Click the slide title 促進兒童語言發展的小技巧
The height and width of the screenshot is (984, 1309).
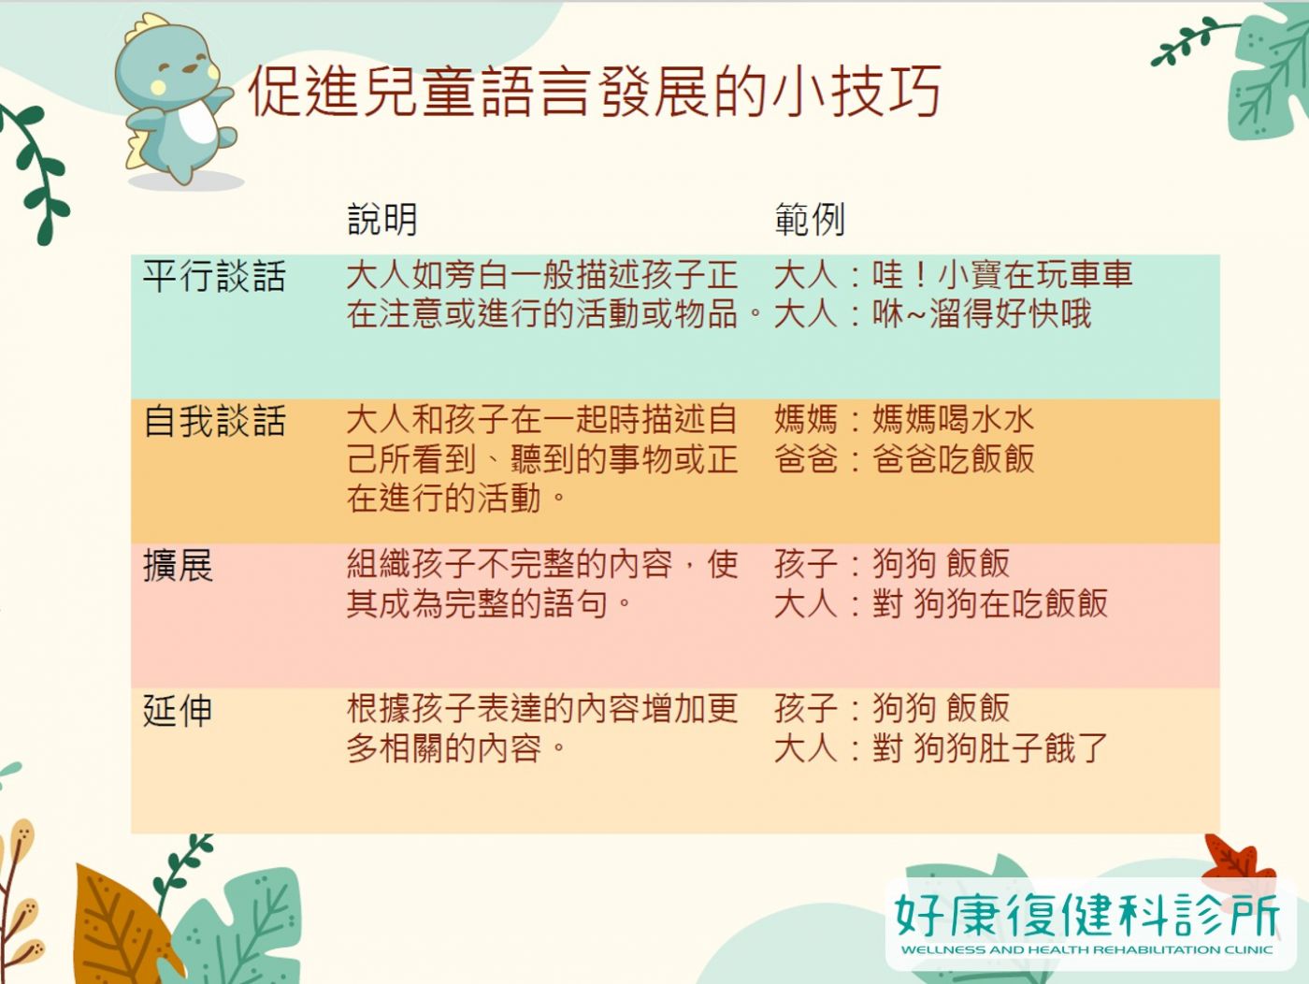point(595,92)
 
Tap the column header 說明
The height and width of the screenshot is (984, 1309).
point(382,219)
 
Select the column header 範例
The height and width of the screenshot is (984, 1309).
point(810,219)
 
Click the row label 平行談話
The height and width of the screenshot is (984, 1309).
point(214,277)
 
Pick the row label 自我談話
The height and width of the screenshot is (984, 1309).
point(214,421)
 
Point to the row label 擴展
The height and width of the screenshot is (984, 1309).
point(178,565)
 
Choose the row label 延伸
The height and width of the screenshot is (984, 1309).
point(178,710)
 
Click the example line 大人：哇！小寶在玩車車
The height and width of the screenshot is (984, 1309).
point(953,275)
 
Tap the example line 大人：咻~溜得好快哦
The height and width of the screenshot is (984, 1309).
point(933,313)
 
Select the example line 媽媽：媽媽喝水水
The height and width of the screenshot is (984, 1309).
point(904,419)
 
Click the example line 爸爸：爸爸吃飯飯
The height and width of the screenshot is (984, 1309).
point(904,458)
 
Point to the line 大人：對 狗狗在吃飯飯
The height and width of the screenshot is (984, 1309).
point(941,603)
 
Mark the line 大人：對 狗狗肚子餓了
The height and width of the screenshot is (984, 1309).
point(941,748)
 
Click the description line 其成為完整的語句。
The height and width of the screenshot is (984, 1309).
point(489,603)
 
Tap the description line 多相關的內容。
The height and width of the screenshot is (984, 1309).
point(456,748)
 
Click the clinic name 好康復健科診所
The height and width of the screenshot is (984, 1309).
point(1087,914)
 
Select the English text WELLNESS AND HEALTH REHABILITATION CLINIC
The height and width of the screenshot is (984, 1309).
point(1086,950)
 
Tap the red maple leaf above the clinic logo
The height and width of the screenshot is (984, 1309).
point(1237,860)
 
